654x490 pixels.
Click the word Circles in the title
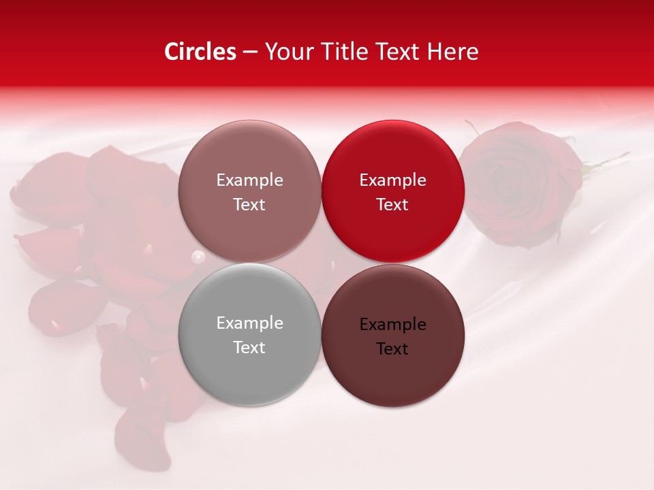tap(200, 52)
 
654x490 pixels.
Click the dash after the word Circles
tap(250, 52)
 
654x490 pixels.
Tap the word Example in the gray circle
tap(249, 323)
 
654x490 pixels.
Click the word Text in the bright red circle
tap(392, 205)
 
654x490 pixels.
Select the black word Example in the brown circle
tap(392, 325)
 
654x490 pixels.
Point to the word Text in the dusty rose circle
tap(249, 205)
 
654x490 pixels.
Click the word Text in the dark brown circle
tap(392, 349)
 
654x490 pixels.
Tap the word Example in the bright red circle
tap(392, 180)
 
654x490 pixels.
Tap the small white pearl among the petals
tap(198, 257)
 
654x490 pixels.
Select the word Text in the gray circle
tap(249, 348)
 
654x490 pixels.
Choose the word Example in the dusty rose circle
tap(249, 180)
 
